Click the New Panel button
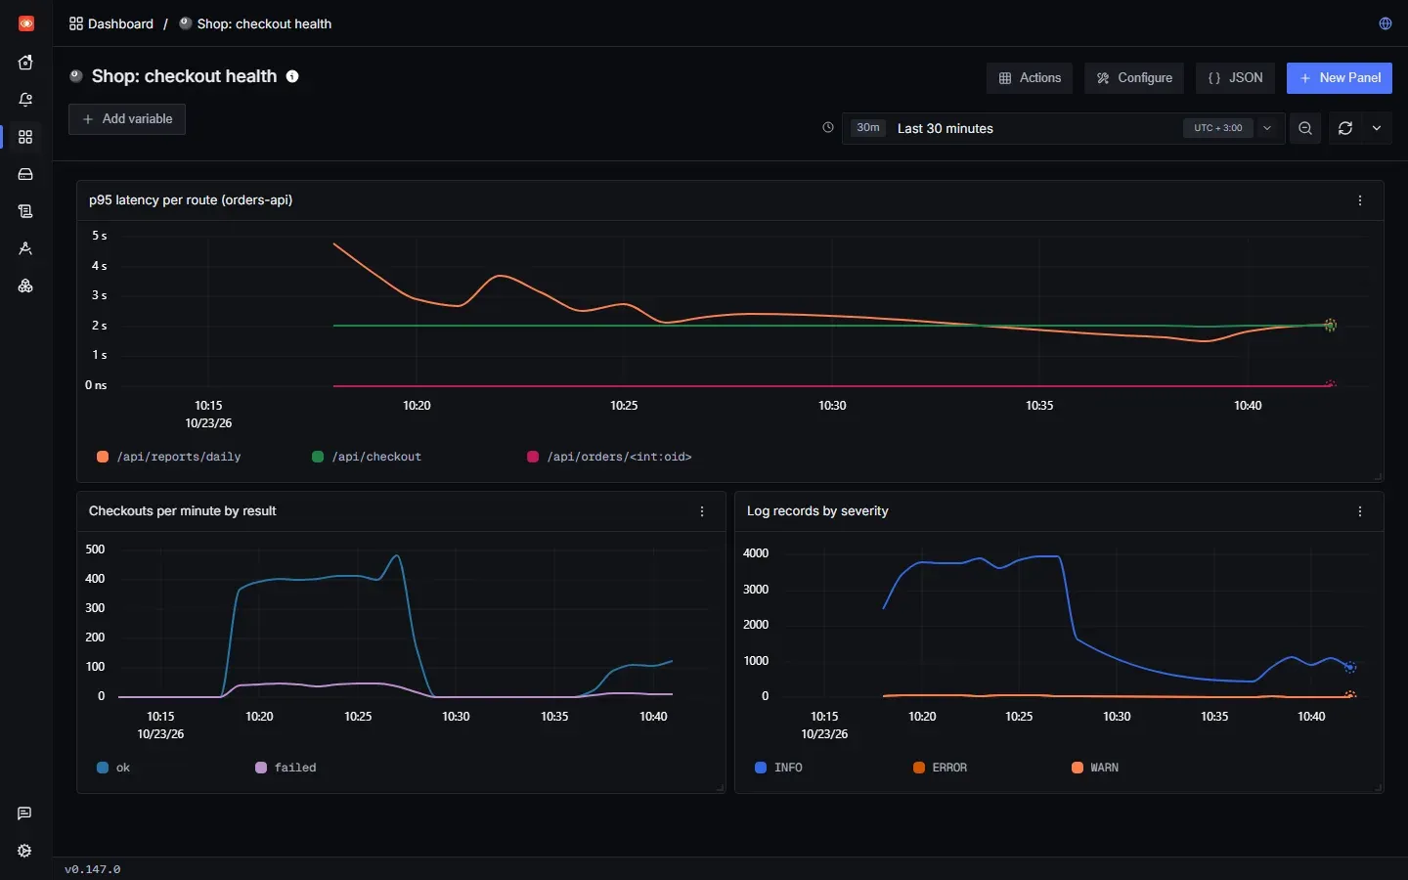(x=1339, y=78)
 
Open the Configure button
(x=1134, y=78)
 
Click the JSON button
(x=1235, y=78)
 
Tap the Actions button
(x=1029, y=78)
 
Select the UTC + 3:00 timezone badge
(x=1217, y=128)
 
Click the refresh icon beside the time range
(x=1345, y=128)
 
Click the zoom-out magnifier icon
(x=1305, y=128)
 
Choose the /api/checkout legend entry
(x=367, y=457)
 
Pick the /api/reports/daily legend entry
(x=168, y=457)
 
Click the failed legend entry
(x=286, y=768)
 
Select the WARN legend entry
(x=1095, y=768)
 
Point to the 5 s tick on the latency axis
(x=100, y=236)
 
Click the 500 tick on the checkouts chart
(x=95, y=550)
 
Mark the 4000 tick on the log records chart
(x=756, y=553)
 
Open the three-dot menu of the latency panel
(x=1359, y=200)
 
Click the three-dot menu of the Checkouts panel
(x=702, y=511)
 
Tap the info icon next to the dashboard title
(x=292, y=76)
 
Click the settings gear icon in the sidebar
(x=24, y=851)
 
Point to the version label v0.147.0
(x=92, y=869)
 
